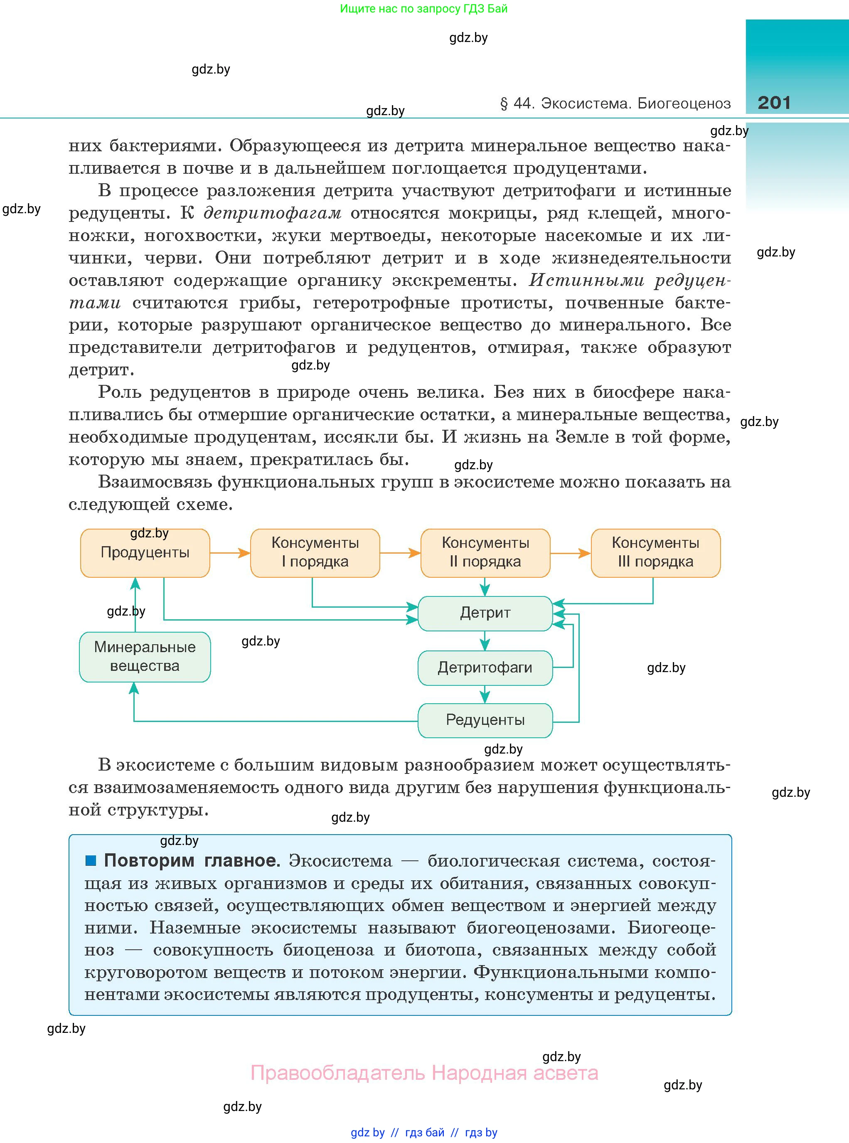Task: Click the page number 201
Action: pyautogui.click(x=773, y=103)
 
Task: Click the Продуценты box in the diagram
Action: pyautogui.click(x=145, y=553)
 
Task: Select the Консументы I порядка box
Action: pyautogui.click(x=315, y=553)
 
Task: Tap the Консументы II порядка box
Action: pyautogui.click(x=485, y=553)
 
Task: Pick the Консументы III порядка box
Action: pyautogui.click(x=655, y=553)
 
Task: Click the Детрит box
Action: pyautogui.click(x=485, y=613)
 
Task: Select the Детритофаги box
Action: pyautogui.click(x=485, y=668)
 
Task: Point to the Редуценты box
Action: pyautogui.click(x=485, y=720)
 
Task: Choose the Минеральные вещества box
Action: pyautogui.click(x=145, y=657)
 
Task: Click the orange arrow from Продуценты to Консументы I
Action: pyautogui.click(x=230, y=553)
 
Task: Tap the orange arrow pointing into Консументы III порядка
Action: pyautogui.click(x=571, y=553)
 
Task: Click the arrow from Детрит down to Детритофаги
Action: pyautogui.click(x=485, y=641)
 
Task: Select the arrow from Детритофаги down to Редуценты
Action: pyautogui.click(x=485, y=695)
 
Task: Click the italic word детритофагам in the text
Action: pyautogui.click(x=272, y=213)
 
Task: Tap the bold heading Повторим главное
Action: pyautogui.click(x=192, y=861)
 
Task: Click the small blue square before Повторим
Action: pyautogui.click(x=91, y=860)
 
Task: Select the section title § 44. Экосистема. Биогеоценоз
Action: pyautogui.click(x=615, y=104)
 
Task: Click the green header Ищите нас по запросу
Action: pyautogui.click(x=423, y=9)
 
